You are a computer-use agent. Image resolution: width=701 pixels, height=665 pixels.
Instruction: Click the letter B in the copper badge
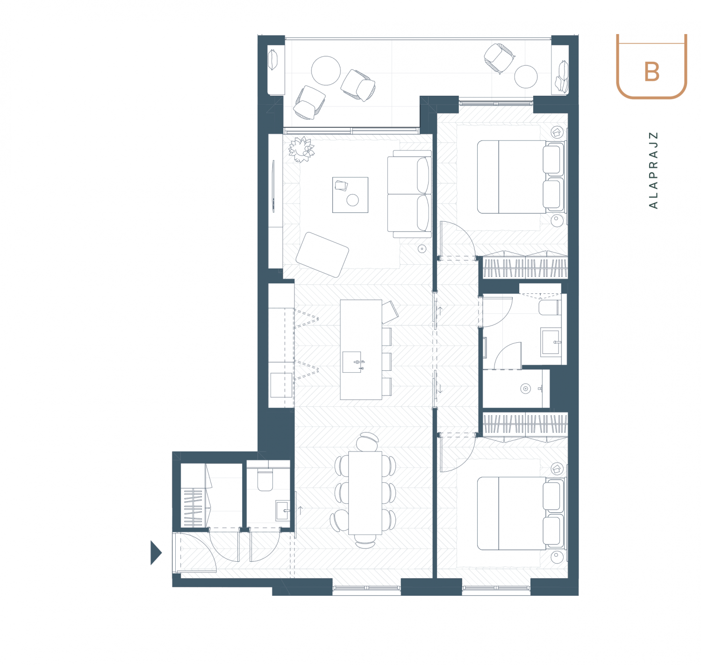(x=651, y=72)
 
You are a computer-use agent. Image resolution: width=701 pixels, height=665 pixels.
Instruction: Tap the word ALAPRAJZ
(x=653, y=170)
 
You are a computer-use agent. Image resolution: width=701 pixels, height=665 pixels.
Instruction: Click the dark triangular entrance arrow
(x=156, y=553)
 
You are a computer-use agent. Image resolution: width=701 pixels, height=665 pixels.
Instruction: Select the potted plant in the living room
(x=301, y=149)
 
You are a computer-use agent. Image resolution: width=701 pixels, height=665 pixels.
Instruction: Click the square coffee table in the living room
(x=350, y=195)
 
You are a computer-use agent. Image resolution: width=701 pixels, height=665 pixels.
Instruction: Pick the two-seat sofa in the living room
(x=410, y=194)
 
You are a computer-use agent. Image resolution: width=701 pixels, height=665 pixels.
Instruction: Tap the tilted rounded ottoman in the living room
(x=322, y=255)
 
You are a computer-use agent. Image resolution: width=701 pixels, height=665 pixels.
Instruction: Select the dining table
(x=365, y=493)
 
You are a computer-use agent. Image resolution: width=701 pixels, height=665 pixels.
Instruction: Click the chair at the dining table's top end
(x=367, y=441)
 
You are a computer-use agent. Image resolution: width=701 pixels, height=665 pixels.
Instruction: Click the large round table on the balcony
(x=326, y=71)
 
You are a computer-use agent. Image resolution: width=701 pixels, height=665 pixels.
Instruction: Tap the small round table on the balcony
(x=526, y=77)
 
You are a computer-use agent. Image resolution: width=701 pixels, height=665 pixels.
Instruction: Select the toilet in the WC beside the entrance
(x=265, y=481)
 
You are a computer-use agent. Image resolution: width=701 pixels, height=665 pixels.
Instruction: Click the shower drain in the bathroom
(x=525, y=389)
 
